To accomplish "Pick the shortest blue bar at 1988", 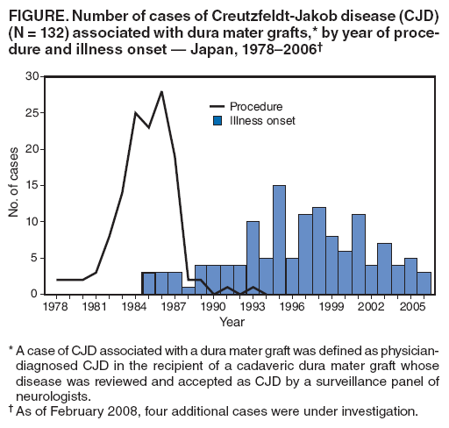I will [x=187, y=290].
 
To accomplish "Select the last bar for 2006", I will [x=424, y=283].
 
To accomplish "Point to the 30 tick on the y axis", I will [x=33, y=76].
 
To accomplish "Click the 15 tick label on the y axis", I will [x=33, y=185].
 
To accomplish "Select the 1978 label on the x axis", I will [x=55, y=308].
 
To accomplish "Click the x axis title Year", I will [x=232, y=323].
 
